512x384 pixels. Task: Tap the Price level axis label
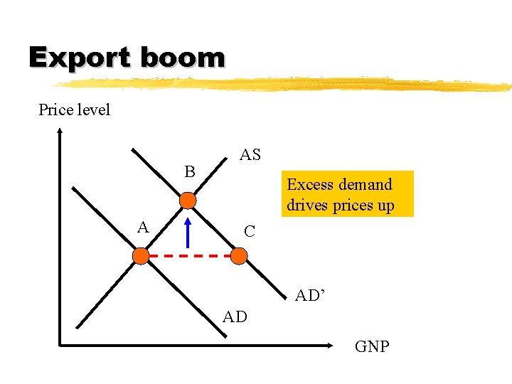(x=75, y=110)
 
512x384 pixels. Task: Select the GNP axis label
(x=372, y=347)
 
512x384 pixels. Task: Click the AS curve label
(x=250, y=155)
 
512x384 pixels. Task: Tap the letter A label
(x=143, y=228)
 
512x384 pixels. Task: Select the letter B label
(x=190, y=172)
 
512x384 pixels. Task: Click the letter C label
(x=250, y=232)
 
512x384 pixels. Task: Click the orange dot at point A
(x=142, y=255)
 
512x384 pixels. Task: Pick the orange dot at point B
(x=188, y=201)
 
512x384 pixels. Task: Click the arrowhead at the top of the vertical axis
(x=60, y=132)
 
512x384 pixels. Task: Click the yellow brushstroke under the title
(x=284, y=83)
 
